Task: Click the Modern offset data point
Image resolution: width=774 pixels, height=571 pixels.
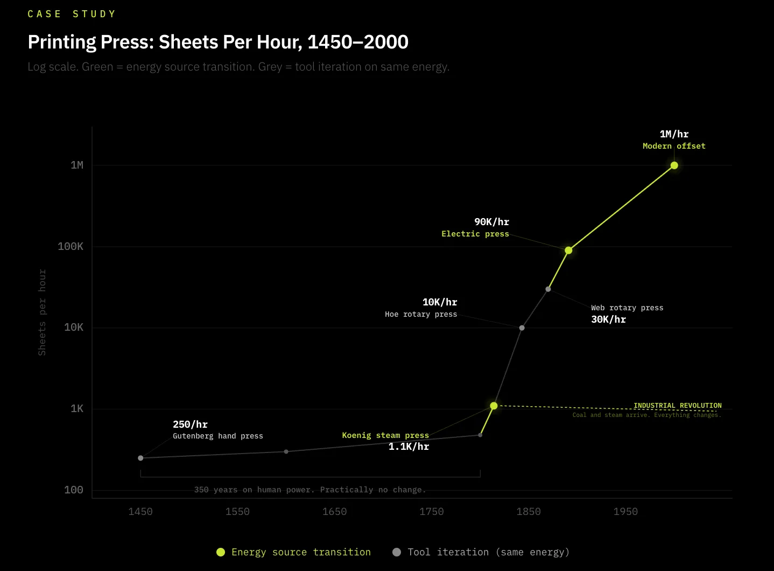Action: coord(674,165)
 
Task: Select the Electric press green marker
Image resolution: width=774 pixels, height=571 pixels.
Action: coord(568,250)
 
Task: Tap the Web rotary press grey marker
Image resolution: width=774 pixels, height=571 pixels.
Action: coord(548,289)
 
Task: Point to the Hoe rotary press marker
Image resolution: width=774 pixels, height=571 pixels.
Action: coord(522,328)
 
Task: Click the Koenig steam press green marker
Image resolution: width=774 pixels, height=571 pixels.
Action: coord(494,406)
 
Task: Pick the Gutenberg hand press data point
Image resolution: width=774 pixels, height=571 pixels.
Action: coord(140,458)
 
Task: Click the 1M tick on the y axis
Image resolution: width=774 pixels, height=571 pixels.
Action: coord(77,165)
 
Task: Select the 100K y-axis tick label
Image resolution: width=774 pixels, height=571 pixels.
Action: coord(71,247)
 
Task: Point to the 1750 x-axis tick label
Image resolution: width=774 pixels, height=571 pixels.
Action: coord(431,512)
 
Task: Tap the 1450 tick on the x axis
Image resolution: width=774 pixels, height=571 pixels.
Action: coord(140,512)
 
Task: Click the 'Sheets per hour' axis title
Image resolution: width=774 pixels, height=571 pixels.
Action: coord(42,312)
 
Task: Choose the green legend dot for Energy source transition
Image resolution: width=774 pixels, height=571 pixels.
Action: coord(221,552)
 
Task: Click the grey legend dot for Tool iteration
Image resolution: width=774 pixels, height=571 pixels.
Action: coord(397,552)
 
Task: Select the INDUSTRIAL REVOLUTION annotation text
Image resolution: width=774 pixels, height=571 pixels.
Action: coord(677,406)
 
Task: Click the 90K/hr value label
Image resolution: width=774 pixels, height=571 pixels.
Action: coord(491,222)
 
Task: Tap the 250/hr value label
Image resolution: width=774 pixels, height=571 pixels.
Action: coord(190,424)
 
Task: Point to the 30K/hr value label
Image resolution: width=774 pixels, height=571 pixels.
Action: coord(608,319)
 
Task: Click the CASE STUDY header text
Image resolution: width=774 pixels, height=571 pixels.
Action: coord(72,14)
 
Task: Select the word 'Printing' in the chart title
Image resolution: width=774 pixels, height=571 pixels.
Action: coord(62,42)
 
